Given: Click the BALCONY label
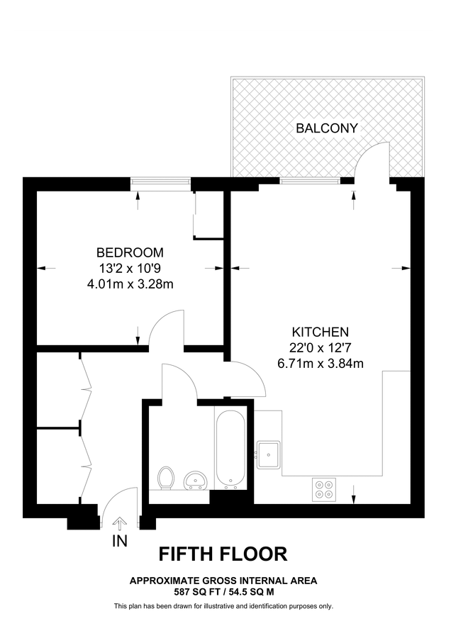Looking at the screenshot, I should pyautogui.click(x=327, y=128).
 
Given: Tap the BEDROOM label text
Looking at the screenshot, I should pyautogui.click(x=130, y=252).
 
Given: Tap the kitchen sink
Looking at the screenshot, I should pyautogui.click(x=269, y=454).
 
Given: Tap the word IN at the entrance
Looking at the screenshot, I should pyautogui.click(x=120, y=542).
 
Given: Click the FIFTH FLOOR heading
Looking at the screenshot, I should pyautogui.click(x=223, y=553).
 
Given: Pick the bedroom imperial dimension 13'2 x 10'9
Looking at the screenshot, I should pyautogui.click(x=130, y=269).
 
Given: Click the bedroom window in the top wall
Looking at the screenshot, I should pyautogui.click(x=161, y=183).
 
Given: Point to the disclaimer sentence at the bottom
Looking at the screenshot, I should pyautogui.click(x=223, y=606).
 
